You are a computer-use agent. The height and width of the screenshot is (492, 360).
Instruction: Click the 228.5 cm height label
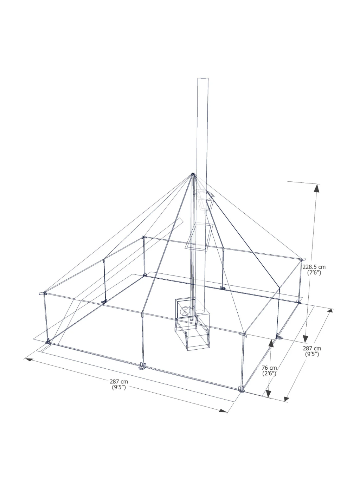(314, 267)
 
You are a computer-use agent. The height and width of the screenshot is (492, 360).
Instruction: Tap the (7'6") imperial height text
(314, 273)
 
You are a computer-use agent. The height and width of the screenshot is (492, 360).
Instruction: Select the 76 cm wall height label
(269, 368)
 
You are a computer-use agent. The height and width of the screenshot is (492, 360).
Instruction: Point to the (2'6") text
(269, 373)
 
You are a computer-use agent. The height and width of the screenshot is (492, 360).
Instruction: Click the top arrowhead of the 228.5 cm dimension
(317, 188)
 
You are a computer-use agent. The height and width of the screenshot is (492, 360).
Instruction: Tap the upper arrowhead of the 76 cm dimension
(271, 344)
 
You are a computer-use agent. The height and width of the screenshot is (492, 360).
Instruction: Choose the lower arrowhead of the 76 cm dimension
(268, 393)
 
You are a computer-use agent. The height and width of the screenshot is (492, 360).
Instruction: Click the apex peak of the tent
(193, 174)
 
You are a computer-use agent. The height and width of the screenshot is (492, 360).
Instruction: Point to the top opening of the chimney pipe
(203, 78)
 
